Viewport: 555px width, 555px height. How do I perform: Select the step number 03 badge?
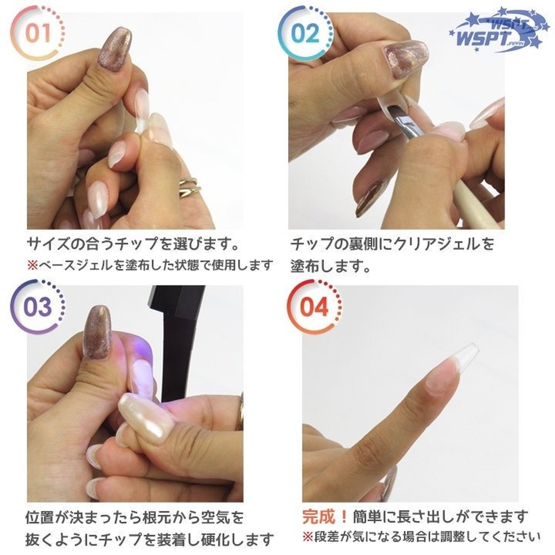pos(38,307)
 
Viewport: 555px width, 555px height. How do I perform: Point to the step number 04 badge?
pos(314,307)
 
